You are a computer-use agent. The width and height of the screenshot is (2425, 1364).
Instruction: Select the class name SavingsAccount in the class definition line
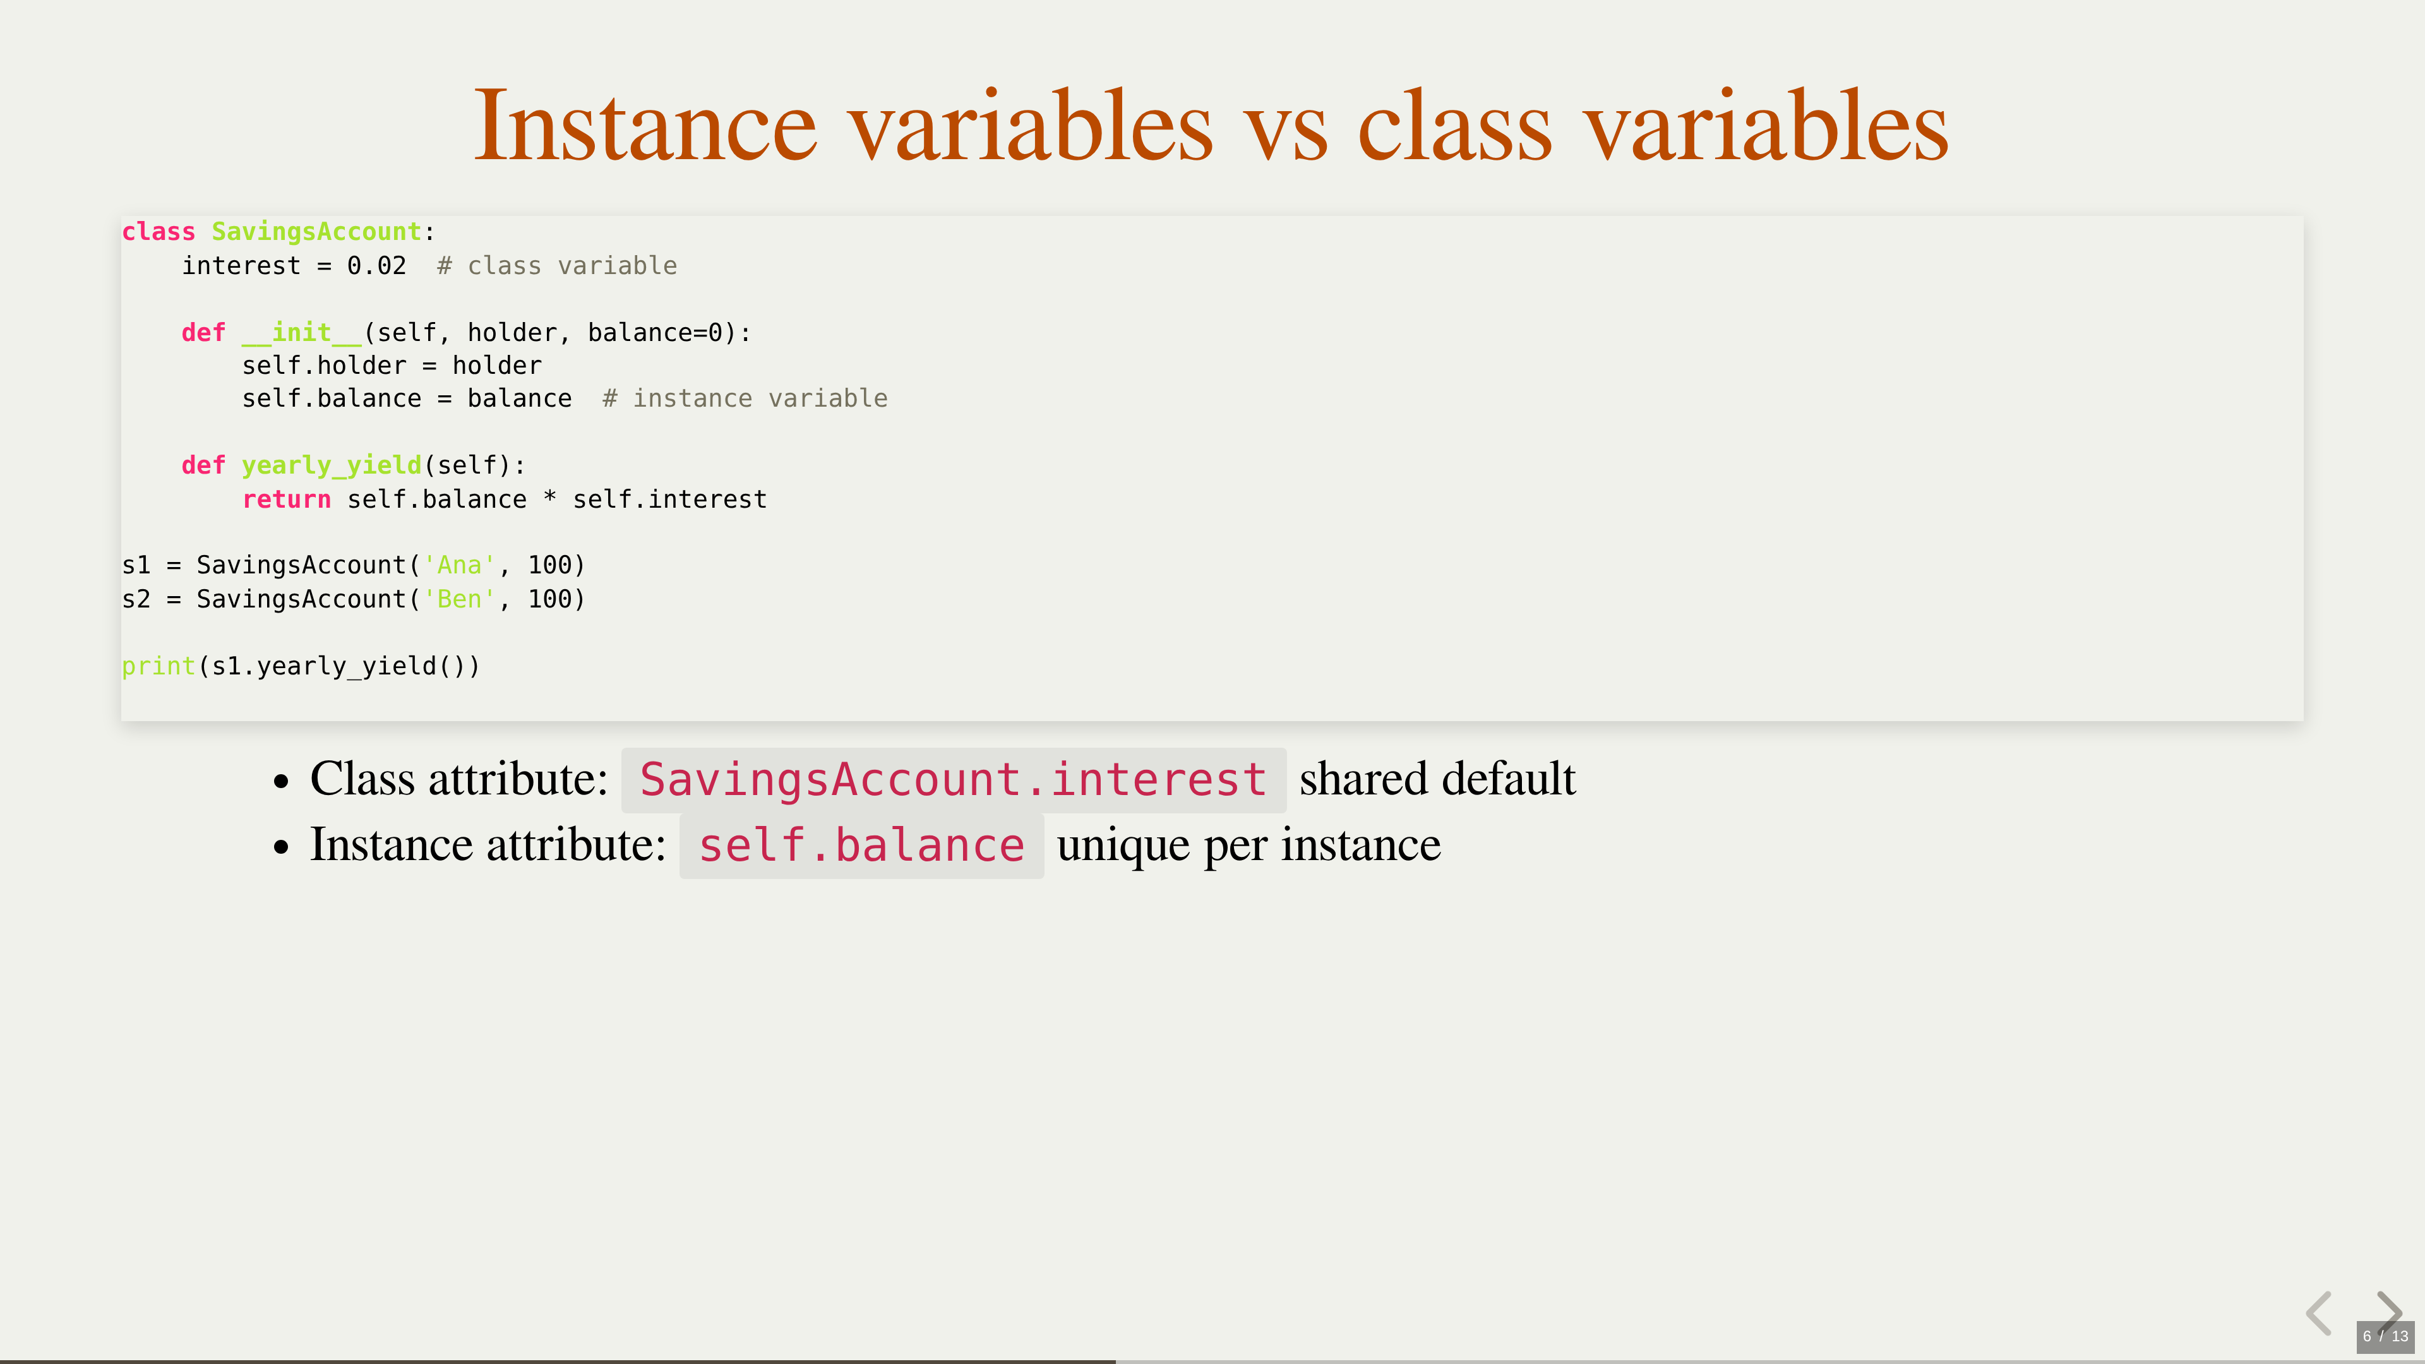(x=316, y=232)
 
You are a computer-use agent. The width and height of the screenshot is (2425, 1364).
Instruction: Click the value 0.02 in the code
(x=376, y=265)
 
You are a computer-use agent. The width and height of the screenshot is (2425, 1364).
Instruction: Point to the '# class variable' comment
(x=557, y=265)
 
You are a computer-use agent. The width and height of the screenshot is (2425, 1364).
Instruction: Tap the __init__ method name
(x=301, y=332)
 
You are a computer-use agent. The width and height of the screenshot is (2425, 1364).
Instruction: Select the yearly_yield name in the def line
(x=332, y=465)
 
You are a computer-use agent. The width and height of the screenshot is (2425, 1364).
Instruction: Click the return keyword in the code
(x=286, y=499)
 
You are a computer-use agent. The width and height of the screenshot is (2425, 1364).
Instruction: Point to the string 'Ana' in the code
(x=459, y=565)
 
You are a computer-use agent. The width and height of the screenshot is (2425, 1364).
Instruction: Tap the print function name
(x=158, y=666)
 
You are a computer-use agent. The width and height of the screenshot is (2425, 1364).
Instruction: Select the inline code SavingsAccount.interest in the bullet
(x=954, y=779)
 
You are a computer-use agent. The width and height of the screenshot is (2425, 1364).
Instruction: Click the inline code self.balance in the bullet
(x=861, y=846)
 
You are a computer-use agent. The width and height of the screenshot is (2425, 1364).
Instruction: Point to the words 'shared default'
(x=1437, y=779)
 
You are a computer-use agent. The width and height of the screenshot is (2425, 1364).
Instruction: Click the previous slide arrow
(x=2320, y=1313)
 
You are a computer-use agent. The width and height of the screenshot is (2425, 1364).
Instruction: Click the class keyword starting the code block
(x=158, y=232)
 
